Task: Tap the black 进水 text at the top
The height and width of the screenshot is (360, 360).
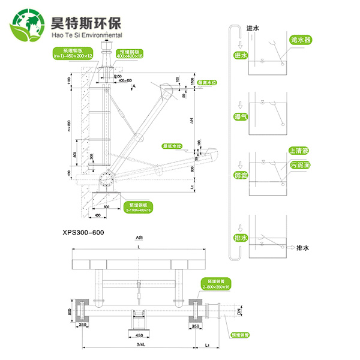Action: (253, 28)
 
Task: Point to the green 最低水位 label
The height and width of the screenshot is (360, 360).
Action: (171, 146)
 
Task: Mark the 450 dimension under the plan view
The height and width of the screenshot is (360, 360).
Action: (139, 335)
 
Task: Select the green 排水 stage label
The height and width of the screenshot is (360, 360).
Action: (241, 237)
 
